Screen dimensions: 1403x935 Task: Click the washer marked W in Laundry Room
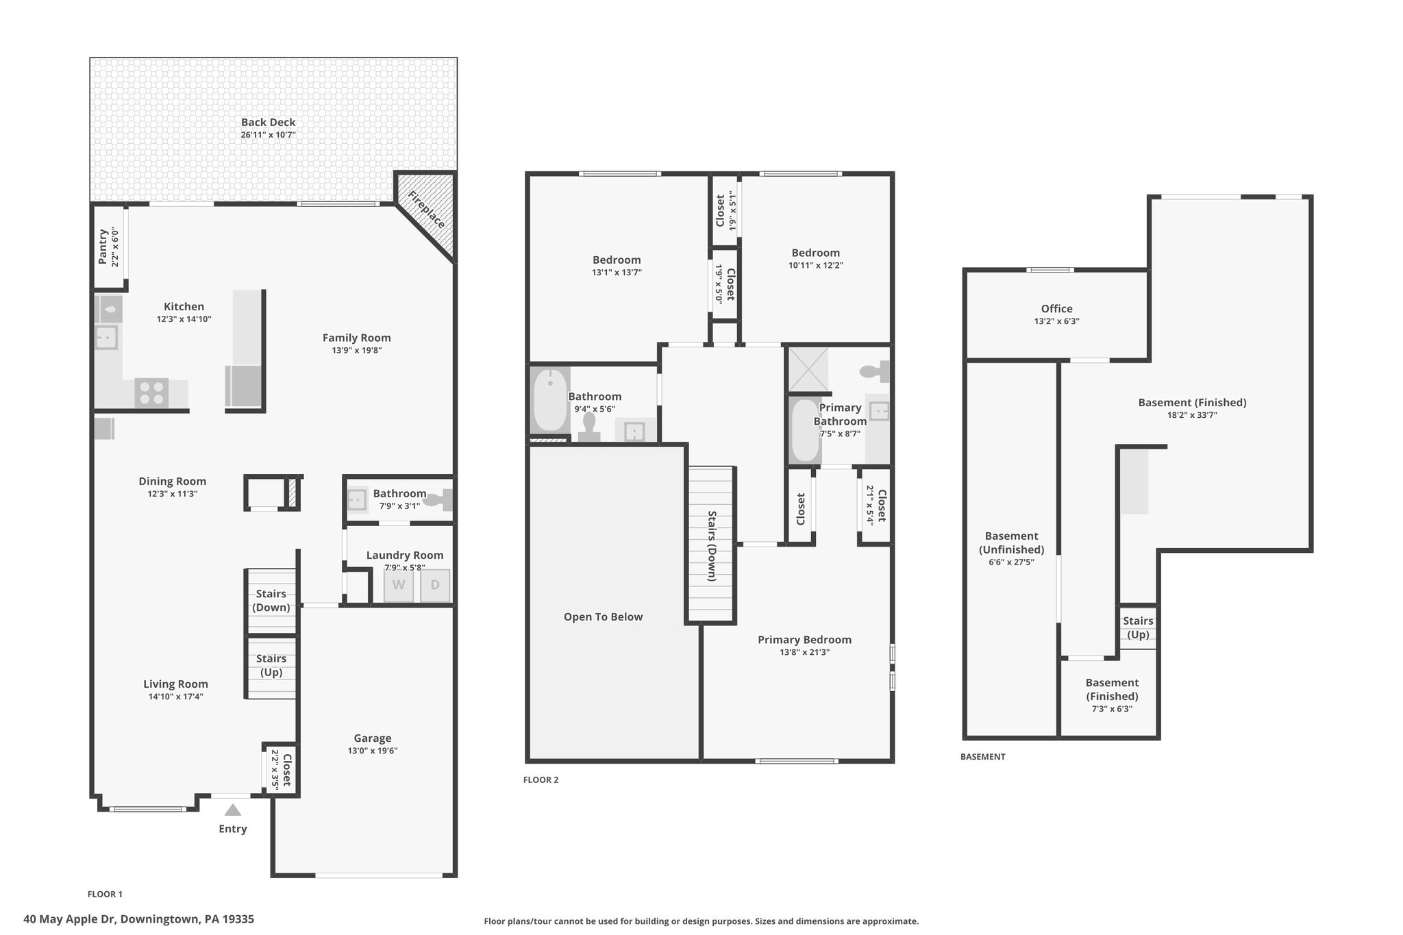pyautogui.click(x=399, y=586)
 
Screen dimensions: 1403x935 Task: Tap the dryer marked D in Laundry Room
pyautogui.click(x=435, y=586)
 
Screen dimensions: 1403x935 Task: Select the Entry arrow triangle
pyautogui.click(x=233, y=810)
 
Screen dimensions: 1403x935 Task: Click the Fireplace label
pyautogui.click(x=426, y=210)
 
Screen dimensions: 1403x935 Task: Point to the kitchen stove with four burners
pyautogui.click(x=151, y=393)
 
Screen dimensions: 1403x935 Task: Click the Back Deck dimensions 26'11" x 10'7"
pyautogui.click(x=268, y=135)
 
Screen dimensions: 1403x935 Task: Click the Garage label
pyautogui.click(x=373, y=738)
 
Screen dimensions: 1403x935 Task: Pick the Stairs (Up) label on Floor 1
pyautogui.click(x=271, y=665)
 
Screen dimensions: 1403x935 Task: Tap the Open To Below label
pyautogui.click(x=603, y=616)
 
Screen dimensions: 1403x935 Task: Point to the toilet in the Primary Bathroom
pyautogui.click(x=875, y=371)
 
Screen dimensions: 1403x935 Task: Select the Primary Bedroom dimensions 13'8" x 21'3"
pyautogui.click(x=804, y=652)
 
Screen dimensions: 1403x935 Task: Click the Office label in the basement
pyautogui.click(x=1057, y=309)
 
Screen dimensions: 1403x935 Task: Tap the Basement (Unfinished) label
pyautogui.click(x=1012, y=543)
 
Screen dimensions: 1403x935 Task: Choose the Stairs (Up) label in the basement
pyautogui.click(x=1138, y=627)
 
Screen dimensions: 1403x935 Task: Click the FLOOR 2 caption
pyautogui.click(x=541, y=780)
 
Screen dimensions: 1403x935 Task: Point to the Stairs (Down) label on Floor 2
pyautogui.click(x=712, y=546)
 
